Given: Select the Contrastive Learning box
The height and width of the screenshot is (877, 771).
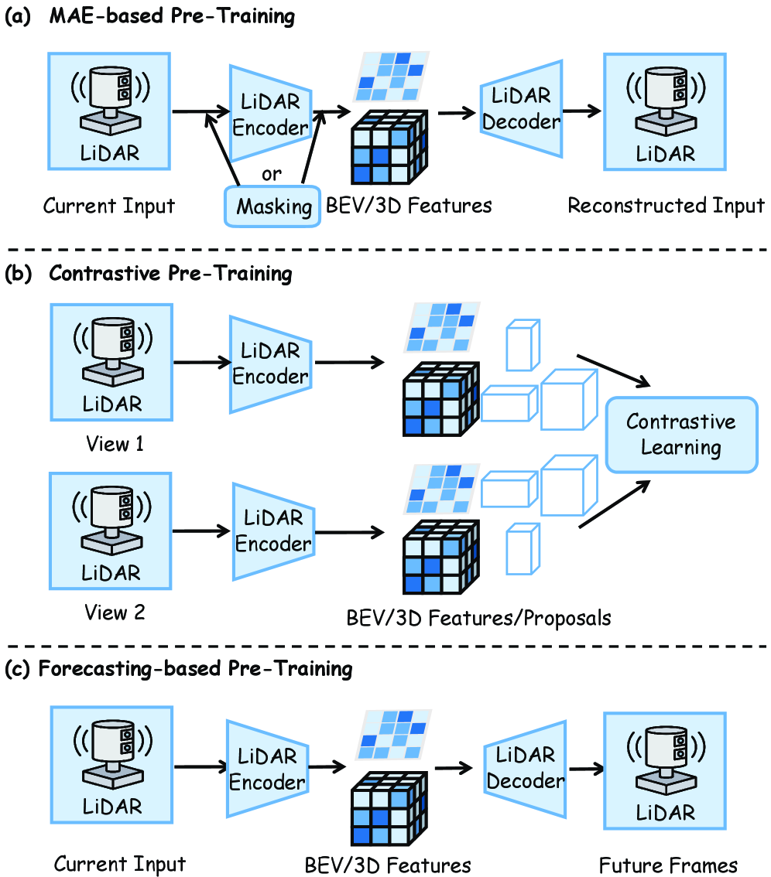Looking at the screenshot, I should (680, 434).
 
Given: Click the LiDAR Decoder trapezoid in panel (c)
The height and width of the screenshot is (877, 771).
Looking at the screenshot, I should (525, 768).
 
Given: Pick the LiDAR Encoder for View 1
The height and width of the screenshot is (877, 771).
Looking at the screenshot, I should (270, 363).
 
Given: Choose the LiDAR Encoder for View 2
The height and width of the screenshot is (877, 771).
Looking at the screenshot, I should (272, 531).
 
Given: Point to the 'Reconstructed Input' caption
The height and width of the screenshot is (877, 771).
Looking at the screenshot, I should (666, 206).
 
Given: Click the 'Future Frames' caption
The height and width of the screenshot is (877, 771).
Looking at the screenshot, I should (669, 864).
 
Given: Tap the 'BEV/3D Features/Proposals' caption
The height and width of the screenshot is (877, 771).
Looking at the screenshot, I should (479, 618).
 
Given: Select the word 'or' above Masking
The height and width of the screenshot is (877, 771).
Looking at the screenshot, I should (272, 173).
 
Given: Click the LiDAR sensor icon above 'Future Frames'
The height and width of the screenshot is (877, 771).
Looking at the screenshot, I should (665, 769).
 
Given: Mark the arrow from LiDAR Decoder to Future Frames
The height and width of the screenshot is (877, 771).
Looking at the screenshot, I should (586, 769).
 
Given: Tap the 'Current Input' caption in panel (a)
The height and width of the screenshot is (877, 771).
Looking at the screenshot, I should (110, 206).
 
